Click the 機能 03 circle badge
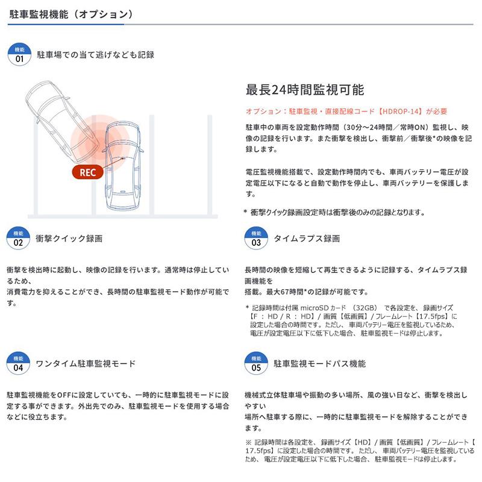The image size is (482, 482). pyautogui.click(x=256, y=239)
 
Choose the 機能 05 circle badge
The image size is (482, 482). pyautogui.click(x=256, y=364)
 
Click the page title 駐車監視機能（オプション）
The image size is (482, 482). pyautogui.click(x=71, y=13)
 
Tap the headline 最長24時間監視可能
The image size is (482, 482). pyautogui.click(x=304, y=90)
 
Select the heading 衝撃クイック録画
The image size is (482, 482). pyautogui.click(x=69, y=239)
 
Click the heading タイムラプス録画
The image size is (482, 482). pyautogui.click(x=307, y=239)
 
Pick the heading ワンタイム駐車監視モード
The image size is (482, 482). pyautogui.click(x=86, y=364)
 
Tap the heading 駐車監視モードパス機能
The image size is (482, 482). pyautogui.click(x=319, y=364)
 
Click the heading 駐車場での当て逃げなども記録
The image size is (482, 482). pyautogui.click(x=95, y=55)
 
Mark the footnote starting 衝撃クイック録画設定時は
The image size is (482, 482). pyautogui.click(x=337, y=212)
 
